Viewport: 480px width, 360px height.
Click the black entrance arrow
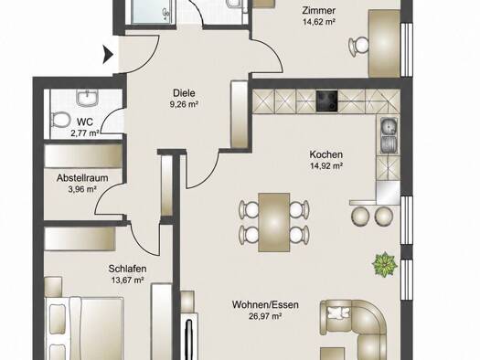coord(108,55)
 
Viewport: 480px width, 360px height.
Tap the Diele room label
coord(184,92)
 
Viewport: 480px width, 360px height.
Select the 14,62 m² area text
coord(319,22)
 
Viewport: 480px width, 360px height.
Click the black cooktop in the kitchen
coord(327,101)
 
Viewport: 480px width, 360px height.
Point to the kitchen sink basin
coord(389,126)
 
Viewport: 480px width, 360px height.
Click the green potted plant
coord(385,264)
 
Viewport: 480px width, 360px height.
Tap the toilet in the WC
coord(60,120)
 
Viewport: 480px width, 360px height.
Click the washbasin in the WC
coord(88,98)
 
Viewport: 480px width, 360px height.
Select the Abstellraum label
coord(82,178)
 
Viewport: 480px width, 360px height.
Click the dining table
coord(274,222)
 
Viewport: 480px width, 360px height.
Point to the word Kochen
coord(325,154)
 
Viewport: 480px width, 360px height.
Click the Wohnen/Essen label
coord(265,304)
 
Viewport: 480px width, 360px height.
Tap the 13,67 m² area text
coord(128,280)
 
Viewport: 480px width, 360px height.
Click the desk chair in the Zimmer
coord(358,47)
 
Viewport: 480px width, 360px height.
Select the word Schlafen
coord(127,269)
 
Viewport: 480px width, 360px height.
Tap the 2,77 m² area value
coord(84,133)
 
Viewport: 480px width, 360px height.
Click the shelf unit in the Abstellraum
coord(83,156)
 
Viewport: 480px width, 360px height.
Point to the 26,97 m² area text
coord(265,316)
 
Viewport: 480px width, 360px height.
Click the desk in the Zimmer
coord(385,43)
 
